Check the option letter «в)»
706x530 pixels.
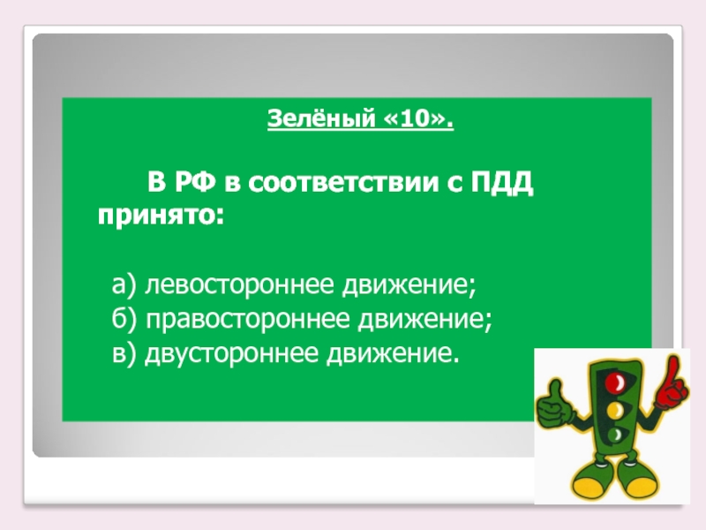pyautogui.click(x=124, y=353)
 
